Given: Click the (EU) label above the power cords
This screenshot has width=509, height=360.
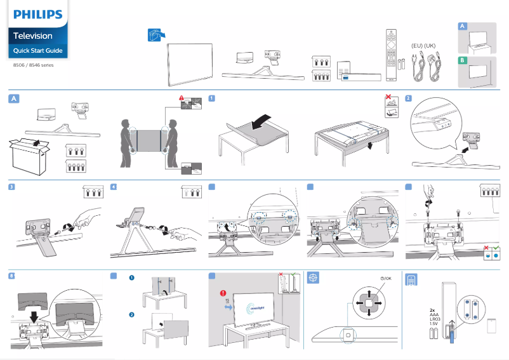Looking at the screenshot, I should click(x=417, y=46).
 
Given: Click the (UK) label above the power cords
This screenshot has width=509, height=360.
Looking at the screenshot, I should click(x=430, y=46).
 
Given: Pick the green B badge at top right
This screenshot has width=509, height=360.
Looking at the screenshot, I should click(x=463, y=60).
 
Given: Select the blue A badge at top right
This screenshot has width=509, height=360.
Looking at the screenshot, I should click(x=463, y=26).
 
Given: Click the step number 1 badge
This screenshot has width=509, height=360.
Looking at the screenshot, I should click(x=212, y=98).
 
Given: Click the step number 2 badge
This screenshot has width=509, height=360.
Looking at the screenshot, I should click(x=409, y=98).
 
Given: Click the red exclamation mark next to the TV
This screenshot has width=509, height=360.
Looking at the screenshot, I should click(x=223, y=293).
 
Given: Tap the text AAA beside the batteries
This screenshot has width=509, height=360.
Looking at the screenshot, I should click(x=433, y=315).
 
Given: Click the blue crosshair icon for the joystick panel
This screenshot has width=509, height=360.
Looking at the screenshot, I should click(x=312, y=278).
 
